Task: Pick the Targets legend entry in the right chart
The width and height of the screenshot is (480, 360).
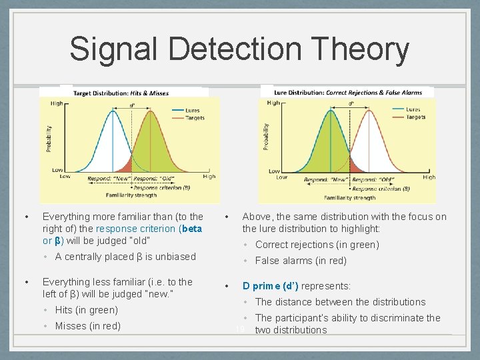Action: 415,117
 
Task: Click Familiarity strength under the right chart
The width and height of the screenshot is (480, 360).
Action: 349,197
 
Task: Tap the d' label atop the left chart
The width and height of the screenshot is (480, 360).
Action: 132,105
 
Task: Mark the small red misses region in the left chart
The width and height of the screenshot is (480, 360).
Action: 125,164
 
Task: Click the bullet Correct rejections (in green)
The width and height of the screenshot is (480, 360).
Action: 317,245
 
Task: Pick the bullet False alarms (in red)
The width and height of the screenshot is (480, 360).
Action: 301,261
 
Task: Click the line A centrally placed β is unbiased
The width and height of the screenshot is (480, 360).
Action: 125,257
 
